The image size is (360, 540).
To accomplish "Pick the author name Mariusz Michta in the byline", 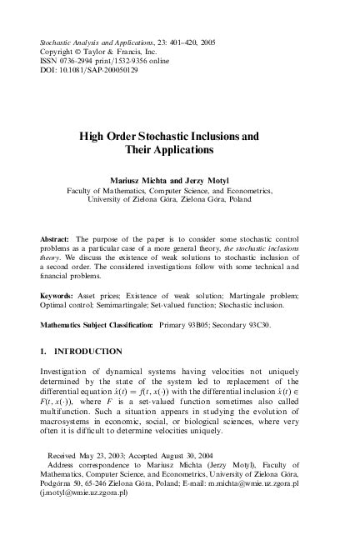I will pos(144,179).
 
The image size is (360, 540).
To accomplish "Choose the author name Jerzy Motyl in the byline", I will pos(212,179).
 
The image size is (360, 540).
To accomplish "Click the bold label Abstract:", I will pos(56,238).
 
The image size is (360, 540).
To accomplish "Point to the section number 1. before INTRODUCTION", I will pos(44,352).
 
